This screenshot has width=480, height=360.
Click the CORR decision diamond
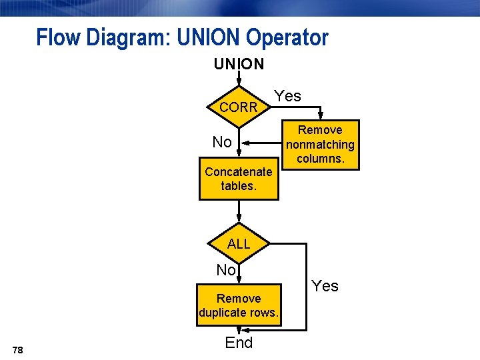click(239, 107)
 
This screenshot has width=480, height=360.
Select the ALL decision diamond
click(239, 244)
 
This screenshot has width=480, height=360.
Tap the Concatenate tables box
click(239, 179)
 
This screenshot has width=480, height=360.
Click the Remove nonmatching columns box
click(320, 145)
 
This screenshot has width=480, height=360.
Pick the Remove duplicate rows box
click(239, 305)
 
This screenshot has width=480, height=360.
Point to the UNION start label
click(239, 64)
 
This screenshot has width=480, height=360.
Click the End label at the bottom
click(239, 343)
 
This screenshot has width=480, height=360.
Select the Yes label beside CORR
click(288, 96)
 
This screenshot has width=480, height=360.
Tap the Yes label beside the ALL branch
click(325, 286)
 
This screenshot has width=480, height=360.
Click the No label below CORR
click(222, 142)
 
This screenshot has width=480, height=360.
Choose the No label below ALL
click(226, 270)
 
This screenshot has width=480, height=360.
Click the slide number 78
click(18, 350)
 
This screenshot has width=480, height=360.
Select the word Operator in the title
click(287, 37)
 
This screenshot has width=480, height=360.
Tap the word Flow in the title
click(57, 37)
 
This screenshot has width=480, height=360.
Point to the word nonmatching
click(320, 145)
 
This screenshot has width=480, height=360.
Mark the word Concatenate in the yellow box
click(239, 171)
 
